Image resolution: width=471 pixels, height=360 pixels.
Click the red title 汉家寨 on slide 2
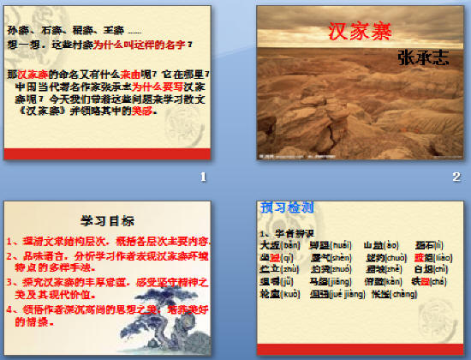(359, 33)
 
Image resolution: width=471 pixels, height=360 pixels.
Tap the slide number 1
(203, 177)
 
